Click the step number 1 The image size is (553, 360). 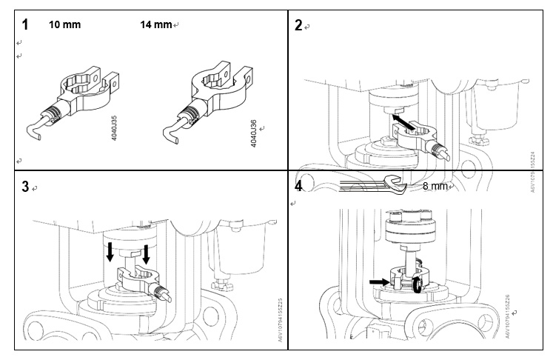(26, 24)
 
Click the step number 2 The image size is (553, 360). (298, 26)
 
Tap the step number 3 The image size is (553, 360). (26, 187)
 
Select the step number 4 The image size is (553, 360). (298, 186)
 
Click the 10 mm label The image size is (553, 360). (64, 24)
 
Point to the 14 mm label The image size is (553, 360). (155, 24)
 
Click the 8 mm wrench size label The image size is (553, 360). (435, 186)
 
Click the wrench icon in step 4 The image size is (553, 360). (370, 186)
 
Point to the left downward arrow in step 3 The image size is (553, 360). (110, 253)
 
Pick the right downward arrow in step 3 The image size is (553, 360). (147, 254)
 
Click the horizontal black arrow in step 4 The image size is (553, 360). (379, 281)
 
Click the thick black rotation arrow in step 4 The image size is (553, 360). (419, 285)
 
